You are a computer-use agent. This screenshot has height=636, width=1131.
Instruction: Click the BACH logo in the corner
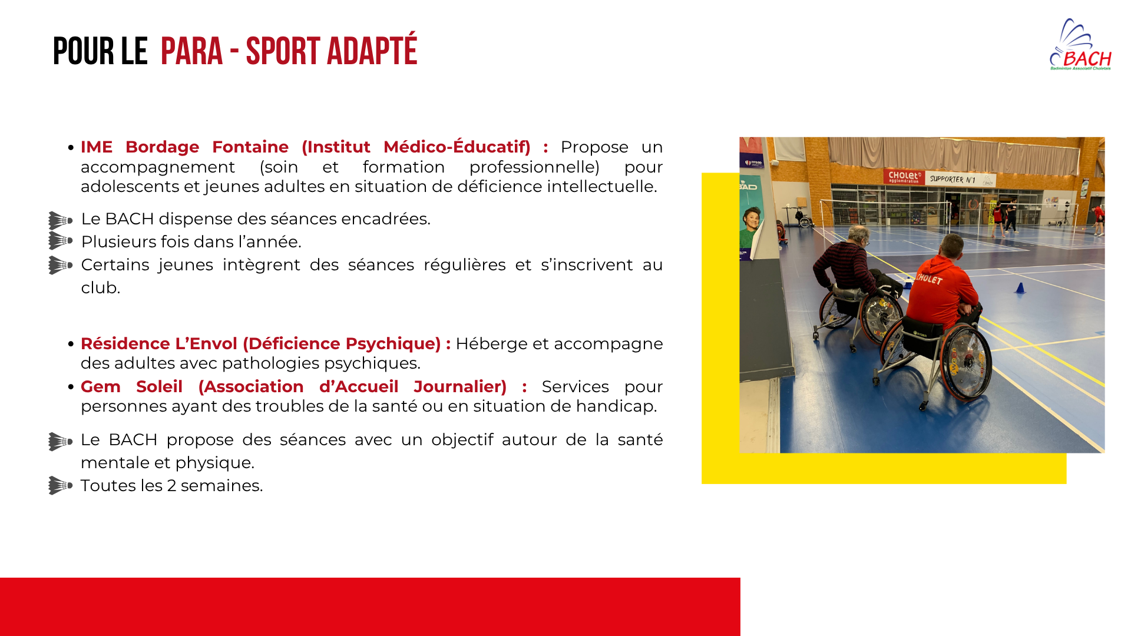pos(1080,45)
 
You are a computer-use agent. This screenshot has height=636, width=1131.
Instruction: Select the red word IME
pos(97,147)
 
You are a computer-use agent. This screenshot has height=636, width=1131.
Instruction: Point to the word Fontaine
pos(250,147)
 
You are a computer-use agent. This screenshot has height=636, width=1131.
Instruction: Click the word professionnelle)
pos(534,167)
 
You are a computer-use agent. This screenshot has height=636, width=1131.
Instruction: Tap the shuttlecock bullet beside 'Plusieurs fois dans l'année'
pos(60,241)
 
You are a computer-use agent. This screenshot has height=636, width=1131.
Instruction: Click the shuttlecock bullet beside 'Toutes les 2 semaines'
pos(60,485)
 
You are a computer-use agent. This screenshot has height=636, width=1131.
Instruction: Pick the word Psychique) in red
pos(393,344)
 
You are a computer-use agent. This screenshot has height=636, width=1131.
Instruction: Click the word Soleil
pos(159,387)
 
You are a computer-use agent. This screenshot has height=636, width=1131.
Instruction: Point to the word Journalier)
pos(460,387)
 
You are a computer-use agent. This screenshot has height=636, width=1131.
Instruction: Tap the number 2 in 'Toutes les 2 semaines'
pos(171,486)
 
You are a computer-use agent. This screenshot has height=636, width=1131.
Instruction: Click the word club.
pos(100,287)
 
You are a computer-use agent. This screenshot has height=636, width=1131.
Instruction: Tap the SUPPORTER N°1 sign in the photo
pos(953,179)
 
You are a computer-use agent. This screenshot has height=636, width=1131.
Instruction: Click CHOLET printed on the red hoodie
pos(929,278)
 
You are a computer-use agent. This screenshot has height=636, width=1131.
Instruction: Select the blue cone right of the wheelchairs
pos(1020,288)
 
